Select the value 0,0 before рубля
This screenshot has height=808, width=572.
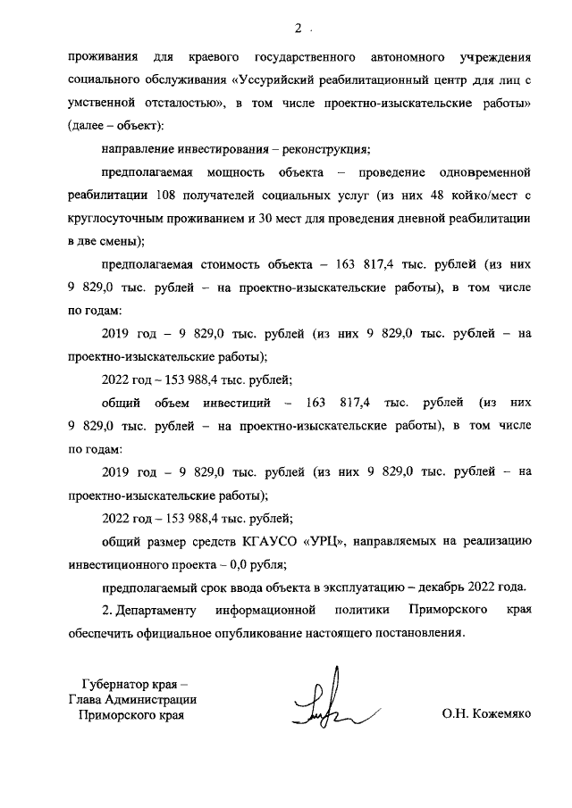pos(245,564)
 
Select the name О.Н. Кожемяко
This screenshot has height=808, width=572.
pos(485,715)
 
